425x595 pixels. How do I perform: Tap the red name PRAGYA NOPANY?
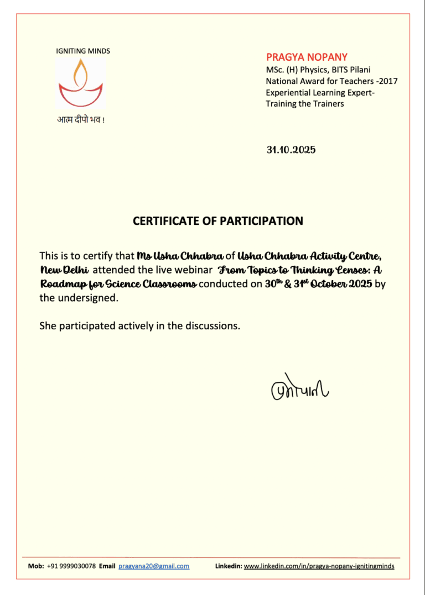307,57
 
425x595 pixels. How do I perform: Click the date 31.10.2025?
291,150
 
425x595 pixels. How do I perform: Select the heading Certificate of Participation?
217,221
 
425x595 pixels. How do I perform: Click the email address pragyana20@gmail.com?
154,566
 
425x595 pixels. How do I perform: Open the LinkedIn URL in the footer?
319,566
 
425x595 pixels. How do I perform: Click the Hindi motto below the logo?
81,120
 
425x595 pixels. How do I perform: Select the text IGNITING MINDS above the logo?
83,51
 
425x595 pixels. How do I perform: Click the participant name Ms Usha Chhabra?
180,256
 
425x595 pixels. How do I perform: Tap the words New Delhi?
64,270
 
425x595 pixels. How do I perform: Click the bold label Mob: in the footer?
36,566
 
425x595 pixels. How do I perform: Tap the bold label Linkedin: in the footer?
228,566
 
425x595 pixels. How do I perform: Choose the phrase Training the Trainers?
304,104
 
